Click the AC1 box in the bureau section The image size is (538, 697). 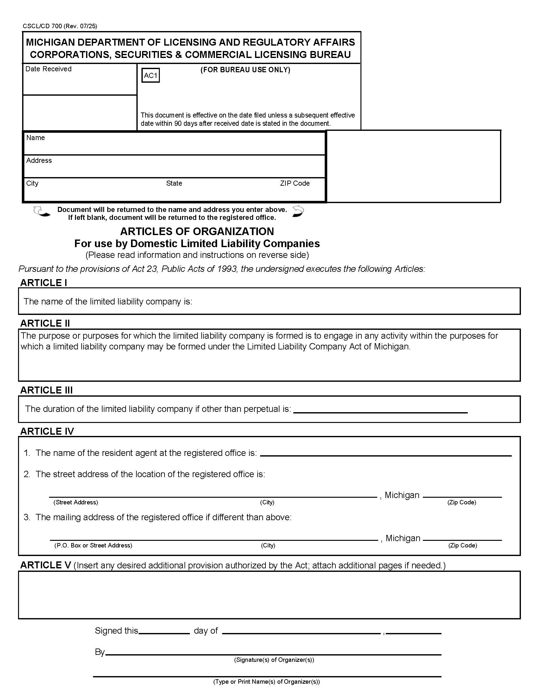coord(150,76)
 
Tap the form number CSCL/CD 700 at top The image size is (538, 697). coord(59,26)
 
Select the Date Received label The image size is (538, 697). coord(48,69)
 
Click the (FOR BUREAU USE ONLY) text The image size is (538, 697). coord(245,70)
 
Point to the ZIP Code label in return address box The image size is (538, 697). coord(295,183)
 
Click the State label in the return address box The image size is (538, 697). coord(174,183)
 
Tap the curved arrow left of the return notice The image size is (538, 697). coord(42,212)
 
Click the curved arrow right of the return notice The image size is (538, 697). coord(298,211)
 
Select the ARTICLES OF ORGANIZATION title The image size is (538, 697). coord(197,231)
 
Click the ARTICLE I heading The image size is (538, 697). coord(44,283)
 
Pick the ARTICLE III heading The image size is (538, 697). coord(47,390)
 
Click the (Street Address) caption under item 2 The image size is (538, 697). coord(76,502)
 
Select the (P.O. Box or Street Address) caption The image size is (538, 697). coord(93,546)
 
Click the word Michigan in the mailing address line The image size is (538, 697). coord(403,538)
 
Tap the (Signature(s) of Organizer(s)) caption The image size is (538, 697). coord(274,660)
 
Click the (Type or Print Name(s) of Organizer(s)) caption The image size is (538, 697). coord(266,682)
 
